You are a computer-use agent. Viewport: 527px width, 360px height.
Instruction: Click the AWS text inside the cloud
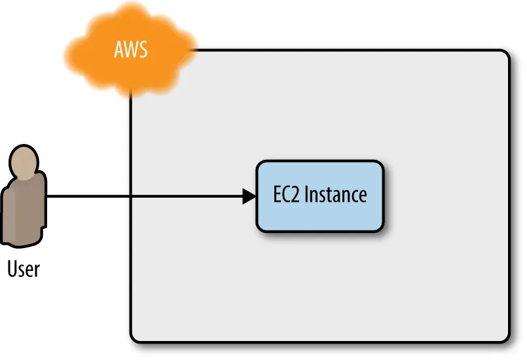131,49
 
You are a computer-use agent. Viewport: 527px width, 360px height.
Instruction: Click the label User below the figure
24,269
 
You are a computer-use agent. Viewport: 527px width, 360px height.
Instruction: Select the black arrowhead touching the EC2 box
249,196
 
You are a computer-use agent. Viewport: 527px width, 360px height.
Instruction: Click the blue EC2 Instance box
320,196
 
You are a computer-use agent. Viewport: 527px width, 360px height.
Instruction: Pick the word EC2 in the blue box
286,194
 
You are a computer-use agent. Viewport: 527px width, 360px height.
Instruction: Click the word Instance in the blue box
335,194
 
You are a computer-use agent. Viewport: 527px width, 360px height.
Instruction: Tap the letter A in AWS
119,50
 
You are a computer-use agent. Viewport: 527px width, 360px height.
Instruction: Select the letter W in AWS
132,50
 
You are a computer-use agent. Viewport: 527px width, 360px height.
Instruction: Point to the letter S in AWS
143,50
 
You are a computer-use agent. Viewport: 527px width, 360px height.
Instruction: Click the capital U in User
12,269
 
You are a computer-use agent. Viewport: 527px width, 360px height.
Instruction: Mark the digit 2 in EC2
295,194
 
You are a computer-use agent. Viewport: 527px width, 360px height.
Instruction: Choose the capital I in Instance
306,194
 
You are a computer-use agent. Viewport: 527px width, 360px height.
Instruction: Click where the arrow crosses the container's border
130,196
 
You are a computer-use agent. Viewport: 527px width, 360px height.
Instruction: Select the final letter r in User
37,271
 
